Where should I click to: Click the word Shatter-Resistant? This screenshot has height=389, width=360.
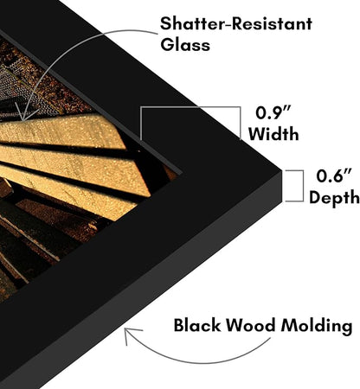click(x=236, y=23)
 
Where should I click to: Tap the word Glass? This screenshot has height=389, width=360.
click(x=185, y=45)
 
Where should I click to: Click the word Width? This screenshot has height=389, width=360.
click(x=273, y=134)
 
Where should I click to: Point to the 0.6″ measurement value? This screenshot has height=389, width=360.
click(x=334, y=175)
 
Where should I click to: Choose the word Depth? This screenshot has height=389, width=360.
click(x=335, y=198)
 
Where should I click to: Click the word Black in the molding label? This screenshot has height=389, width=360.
click(x=196, y=325)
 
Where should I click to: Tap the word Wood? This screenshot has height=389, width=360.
click(x=250, y=326)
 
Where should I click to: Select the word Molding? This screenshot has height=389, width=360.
click(x=317, y=327)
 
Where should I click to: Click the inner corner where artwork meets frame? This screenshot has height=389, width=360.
click(x=182, y=174)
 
